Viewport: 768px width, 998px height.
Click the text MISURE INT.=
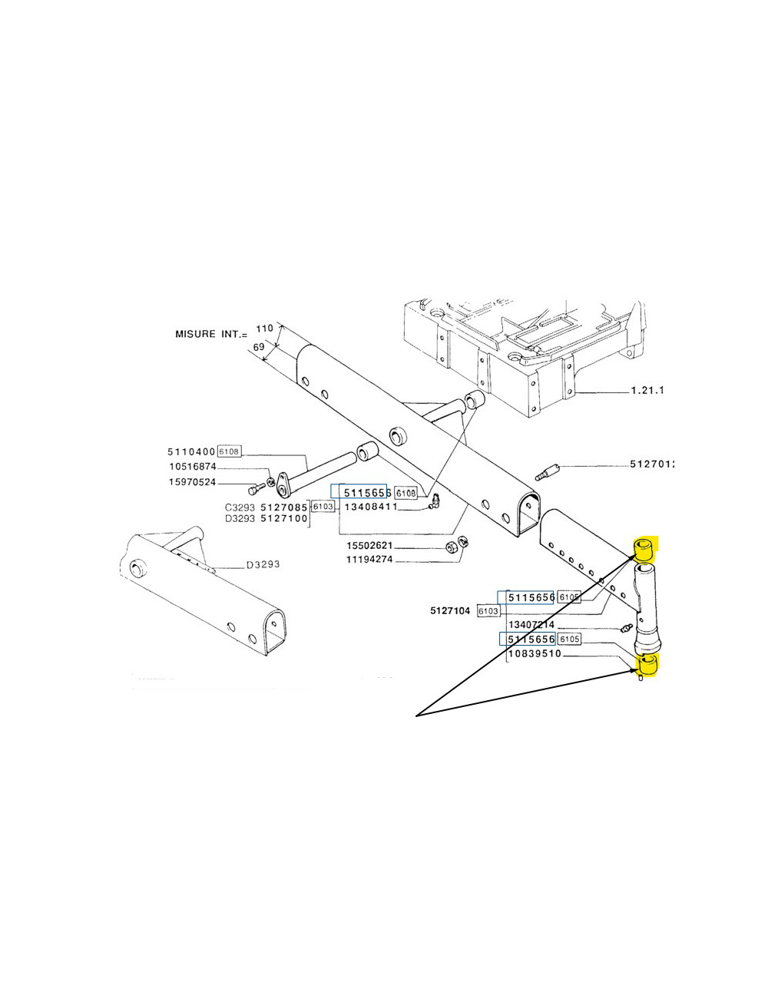click(x=211, y=334)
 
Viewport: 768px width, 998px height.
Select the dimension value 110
click(x=264, y=328)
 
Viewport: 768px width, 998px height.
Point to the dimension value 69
click(x=259, y=348)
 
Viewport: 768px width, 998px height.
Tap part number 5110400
click(x=191, y=451)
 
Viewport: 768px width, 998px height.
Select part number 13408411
click(x=370, y=507)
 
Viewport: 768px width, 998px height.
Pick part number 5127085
click(x=284, y=507)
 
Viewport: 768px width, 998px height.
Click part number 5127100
click(x=284, y=519)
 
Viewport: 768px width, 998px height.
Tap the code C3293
click(x=240, y=507)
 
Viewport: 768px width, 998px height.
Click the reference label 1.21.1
click(x=647, y=391)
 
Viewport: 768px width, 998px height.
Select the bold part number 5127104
click(x=451, y=611)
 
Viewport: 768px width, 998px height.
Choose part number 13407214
click(x=531, y=625)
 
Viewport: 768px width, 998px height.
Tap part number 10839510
click(x=535, y=654)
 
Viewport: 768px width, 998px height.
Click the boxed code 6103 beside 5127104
click(x=488, y=611)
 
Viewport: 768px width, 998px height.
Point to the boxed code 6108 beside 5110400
click(x=230, y=451)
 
